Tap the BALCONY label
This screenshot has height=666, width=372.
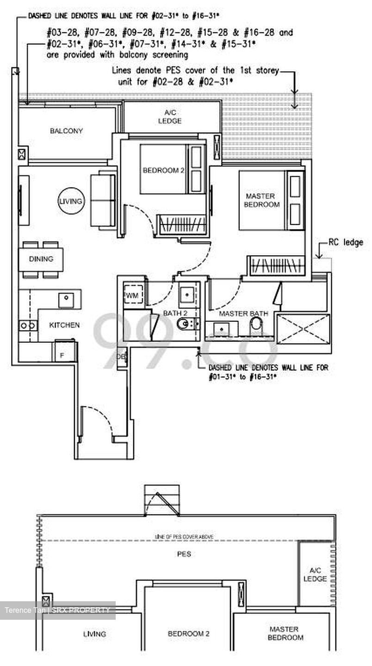tap(66, 131)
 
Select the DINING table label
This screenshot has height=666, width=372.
tap(41, 259)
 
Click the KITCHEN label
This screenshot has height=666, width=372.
tap(64, 325)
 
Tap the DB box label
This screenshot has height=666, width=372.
tap(121, 357)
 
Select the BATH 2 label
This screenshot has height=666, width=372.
tap(175, 314)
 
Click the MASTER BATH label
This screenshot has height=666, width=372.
tap(243, 314)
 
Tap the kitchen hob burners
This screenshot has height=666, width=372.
tap(27, 326)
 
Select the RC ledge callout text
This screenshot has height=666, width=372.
tap(346, 242)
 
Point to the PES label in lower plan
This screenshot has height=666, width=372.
tap(184, 554)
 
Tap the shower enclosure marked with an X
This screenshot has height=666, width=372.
tap(303, 329)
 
